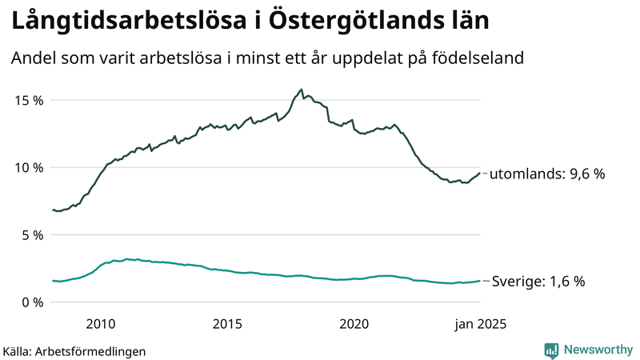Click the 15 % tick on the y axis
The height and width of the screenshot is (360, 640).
(29, 100)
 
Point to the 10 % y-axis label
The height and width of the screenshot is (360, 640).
(29, 167)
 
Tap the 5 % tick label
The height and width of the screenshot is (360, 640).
(32, 234)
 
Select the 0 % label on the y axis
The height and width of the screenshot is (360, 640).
(32, 302)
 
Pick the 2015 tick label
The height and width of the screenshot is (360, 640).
(227, 323)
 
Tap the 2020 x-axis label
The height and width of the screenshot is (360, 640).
(354, 323)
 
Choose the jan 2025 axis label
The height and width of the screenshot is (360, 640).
(481, 323)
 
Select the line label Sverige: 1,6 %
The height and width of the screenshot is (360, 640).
(538, 281)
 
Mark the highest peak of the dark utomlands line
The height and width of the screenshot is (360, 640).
(301, 90)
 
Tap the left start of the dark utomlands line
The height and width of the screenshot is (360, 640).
(53, 210)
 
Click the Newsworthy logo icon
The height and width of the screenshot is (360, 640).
(551, 350)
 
